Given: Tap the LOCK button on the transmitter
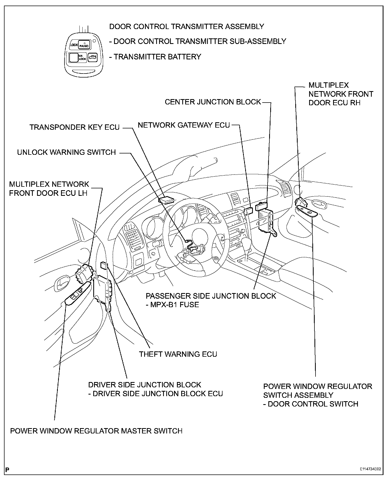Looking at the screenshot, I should [74, 45].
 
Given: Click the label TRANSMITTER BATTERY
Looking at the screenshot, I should [157, 57].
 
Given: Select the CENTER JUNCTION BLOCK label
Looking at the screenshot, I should [213, 102].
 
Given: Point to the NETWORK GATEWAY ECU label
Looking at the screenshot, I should [184, 125].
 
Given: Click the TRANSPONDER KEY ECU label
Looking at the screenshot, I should [74, 127].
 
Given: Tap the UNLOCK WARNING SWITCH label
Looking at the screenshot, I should [66, 152].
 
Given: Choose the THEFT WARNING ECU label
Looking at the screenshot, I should [178, 354].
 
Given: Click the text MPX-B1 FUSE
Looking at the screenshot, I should [175, 305].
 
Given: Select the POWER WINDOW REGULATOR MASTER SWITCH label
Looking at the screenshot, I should [96, 431].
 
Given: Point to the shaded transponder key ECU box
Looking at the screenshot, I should [166, 200].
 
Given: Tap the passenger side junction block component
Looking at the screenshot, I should [266, 220].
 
